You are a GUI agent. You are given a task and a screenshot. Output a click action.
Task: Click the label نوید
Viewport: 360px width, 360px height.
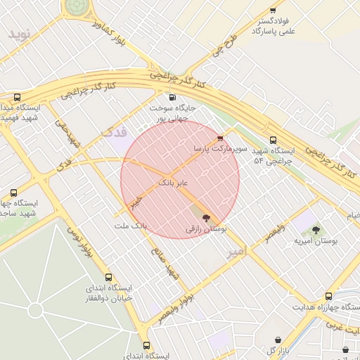point(20,34)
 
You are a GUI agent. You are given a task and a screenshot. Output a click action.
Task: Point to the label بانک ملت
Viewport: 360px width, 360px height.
point(130,226)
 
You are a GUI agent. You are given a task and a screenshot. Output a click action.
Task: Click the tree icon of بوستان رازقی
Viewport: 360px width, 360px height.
point(206,218)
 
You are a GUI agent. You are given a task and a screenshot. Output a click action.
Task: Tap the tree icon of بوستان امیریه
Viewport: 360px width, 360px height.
point(315,229)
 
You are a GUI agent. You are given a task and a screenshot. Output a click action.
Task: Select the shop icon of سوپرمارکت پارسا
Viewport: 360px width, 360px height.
point(221,138)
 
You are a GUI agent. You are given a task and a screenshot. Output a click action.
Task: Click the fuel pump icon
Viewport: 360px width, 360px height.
point(172,97)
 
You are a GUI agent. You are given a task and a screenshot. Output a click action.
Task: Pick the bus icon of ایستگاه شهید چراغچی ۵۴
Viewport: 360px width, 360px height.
point(273,140)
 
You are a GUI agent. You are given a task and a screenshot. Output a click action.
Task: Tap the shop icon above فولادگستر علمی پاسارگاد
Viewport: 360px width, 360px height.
point(273,11)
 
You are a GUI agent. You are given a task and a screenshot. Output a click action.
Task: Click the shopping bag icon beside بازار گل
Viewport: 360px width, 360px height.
point(278,340)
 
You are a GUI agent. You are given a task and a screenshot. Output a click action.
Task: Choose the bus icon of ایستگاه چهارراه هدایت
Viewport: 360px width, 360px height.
point(328,296)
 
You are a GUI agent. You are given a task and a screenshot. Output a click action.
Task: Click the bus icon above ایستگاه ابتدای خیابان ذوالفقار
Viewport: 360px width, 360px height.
point(108,277)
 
